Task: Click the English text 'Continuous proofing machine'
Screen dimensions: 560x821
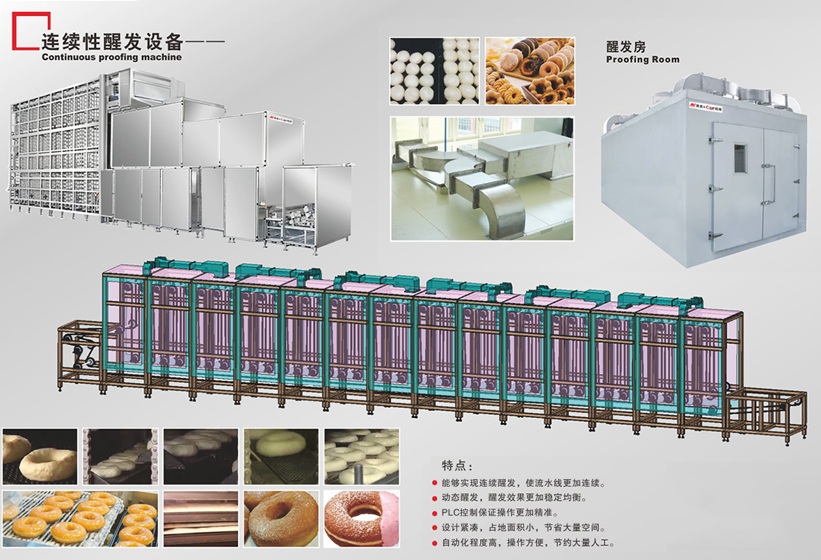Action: click(111, 57)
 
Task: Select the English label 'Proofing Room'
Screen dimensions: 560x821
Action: click(642, 60)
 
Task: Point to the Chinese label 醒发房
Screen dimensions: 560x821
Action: click(626, 47)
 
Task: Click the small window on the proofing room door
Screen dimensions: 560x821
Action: click(739, 157)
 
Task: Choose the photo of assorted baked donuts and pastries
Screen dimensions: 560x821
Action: click(530, 71)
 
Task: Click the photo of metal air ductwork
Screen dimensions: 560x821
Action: click(483, 178)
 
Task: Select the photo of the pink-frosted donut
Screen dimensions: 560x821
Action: click(362, 519)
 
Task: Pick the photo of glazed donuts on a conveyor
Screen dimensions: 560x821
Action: click(79, 519)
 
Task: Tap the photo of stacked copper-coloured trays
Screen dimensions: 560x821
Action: click(201, 519)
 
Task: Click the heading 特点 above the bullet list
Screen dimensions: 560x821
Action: click(457, 465)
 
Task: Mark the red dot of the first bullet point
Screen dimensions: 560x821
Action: click(435, 483)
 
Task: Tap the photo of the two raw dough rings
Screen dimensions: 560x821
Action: click(40, 457)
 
